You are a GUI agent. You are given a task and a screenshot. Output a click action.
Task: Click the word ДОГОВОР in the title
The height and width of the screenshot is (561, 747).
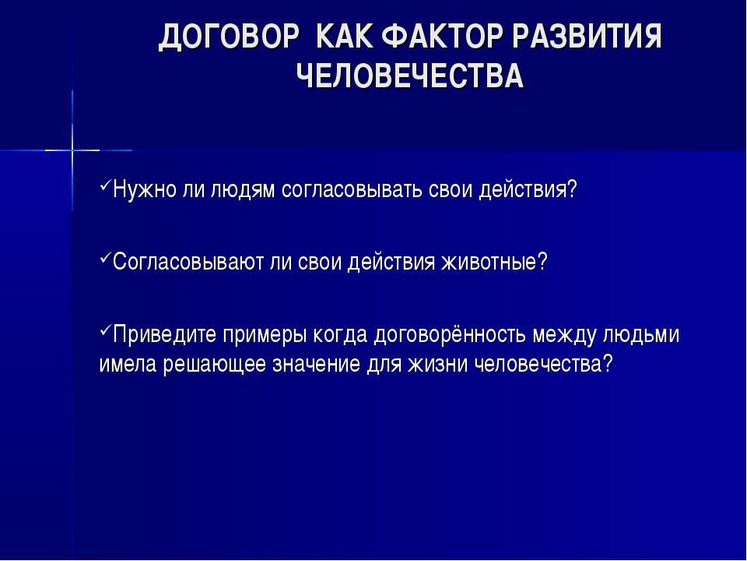click(229, 37)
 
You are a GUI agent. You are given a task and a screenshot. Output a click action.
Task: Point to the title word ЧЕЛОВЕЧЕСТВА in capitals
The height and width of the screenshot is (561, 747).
click(410, 76)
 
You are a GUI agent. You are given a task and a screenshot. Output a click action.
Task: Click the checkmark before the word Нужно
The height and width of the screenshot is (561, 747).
click(105, 185)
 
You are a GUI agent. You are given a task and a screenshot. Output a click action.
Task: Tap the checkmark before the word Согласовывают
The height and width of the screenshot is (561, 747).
click(105, 257)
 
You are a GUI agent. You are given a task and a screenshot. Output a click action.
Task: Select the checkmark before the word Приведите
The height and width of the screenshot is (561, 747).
click(105, 330)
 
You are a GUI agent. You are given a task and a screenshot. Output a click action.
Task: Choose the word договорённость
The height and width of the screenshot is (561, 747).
click(450, 334)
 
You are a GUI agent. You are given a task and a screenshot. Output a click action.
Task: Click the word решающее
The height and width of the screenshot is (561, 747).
click(215, 365)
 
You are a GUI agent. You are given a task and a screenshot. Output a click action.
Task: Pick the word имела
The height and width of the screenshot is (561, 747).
click(128, 365)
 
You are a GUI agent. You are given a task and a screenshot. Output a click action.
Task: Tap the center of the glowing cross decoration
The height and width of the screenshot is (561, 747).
click(72, 150)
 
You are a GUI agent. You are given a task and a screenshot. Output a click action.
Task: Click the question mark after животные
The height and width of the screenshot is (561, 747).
click(542, 262)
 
